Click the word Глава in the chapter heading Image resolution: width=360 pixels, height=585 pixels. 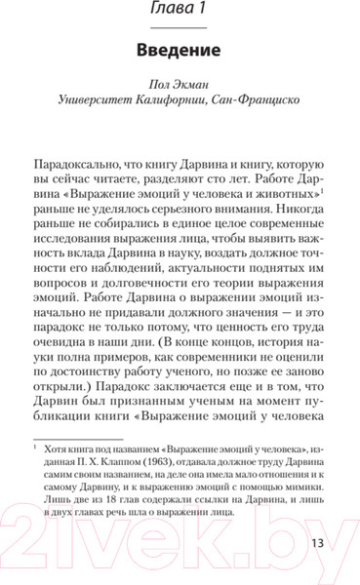coord(161,12)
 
